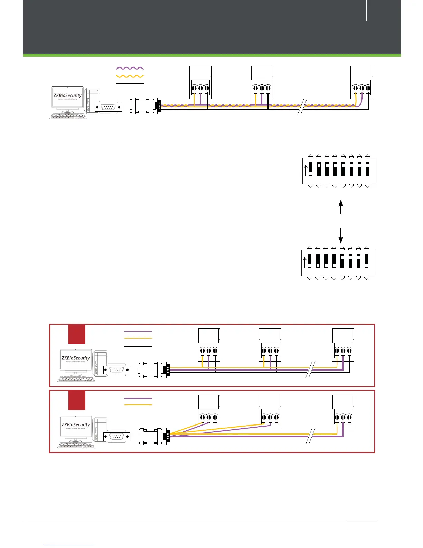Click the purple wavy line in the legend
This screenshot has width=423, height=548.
pos(130,68)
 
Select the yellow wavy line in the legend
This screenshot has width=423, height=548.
pos(130,76)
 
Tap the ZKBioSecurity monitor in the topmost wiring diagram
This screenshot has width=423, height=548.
pos(68,97)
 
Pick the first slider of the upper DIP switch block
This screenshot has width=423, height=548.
pos(311,170)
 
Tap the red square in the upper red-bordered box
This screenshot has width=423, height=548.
pos(77,334)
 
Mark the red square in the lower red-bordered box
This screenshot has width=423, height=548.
pos(77,400)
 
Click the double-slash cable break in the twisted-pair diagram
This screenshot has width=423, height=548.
pos(302,107)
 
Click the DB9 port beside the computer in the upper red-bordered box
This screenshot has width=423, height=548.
pos(117,370)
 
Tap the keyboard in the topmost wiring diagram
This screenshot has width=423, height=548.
pos(68,116)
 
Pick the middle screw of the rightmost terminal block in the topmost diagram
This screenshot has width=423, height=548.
pos(361,89)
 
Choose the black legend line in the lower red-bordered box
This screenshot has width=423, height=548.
pos(138,413)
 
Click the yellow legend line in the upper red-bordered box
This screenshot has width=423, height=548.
pos(138,338)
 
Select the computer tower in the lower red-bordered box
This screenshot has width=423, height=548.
pos(100,430)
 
